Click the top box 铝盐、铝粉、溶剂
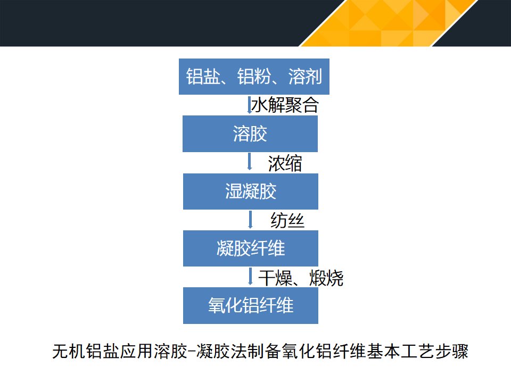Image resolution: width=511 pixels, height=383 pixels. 254,77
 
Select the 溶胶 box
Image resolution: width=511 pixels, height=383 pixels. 250,134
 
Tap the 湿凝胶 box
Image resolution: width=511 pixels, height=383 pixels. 251,191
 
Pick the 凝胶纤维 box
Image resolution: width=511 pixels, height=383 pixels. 251,248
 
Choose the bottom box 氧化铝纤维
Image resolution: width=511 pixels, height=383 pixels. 251,305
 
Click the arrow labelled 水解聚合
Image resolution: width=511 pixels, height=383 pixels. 249,105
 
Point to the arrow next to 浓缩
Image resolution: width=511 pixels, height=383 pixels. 250,162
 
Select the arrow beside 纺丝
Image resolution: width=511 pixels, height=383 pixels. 250,219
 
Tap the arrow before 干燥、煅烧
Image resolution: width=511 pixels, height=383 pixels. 250,277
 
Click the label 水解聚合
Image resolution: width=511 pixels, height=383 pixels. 285,105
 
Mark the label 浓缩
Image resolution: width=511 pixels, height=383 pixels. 285,163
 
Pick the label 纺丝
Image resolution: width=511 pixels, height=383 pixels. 287,220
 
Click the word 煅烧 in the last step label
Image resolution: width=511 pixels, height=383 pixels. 326,278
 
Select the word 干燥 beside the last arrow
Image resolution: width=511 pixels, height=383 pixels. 275,278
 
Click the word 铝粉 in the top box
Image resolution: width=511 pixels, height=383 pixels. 254,77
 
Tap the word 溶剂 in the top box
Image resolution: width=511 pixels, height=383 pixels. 306,77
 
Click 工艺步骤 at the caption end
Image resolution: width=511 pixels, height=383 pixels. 435,351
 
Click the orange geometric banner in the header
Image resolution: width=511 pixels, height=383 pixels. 388,23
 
